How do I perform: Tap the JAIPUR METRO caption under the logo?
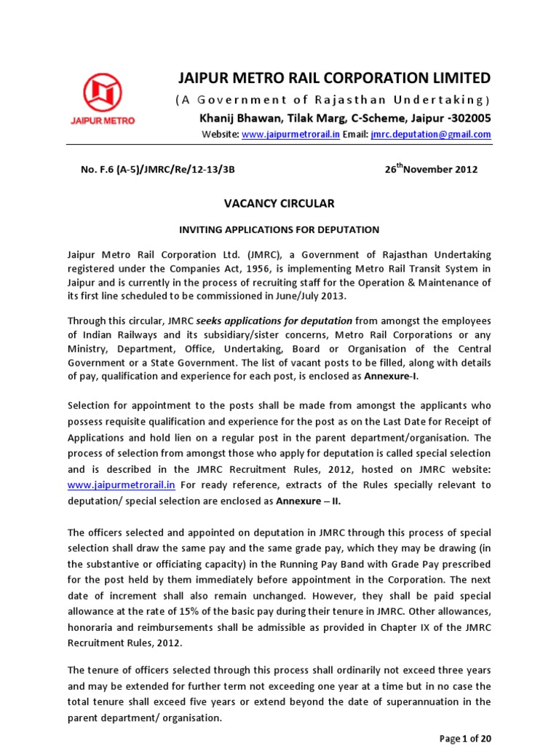(x=108, y=120)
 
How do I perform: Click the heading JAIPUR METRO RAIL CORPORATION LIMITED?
(x=335, y=78)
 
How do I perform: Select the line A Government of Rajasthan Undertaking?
(x=335, y=100)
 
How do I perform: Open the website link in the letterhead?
(x=281, y=135)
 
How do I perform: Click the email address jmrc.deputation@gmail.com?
(x=431, y=135)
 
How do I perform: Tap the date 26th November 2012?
(x=431, y=169)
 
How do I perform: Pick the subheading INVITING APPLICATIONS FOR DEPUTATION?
(x=279, y=229)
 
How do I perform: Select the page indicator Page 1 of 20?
(x=466, y=738)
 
